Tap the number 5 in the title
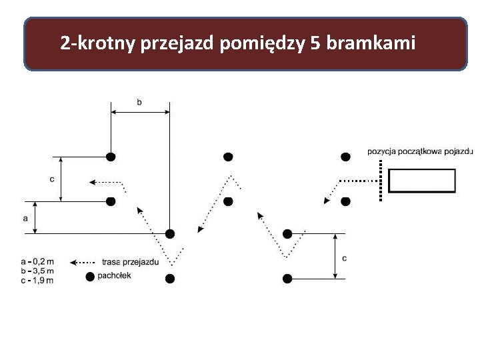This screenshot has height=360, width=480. (x=314, y=44)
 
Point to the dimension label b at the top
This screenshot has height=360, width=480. (x=139, y=102)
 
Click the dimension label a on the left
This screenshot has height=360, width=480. (x=25, y=218)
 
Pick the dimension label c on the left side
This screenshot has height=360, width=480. (x=52, y=179)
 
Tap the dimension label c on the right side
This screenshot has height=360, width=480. (x=343, y=257)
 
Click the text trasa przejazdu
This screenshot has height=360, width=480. (x=130, y=261)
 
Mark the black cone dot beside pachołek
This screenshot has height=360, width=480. (x=90, y=276)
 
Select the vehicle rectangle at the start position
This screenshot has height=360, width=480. (x=421, y=181)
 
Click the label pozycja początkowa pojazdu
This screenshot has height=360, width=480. (x=420, y=151)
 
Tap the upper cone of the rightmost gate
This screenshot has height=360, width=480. (x=345, y=157)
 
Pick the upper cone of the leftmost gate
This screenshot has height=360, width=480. (x=111, y=157)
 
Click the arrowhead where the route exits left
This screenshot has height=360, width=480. (x=93, y=181)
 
